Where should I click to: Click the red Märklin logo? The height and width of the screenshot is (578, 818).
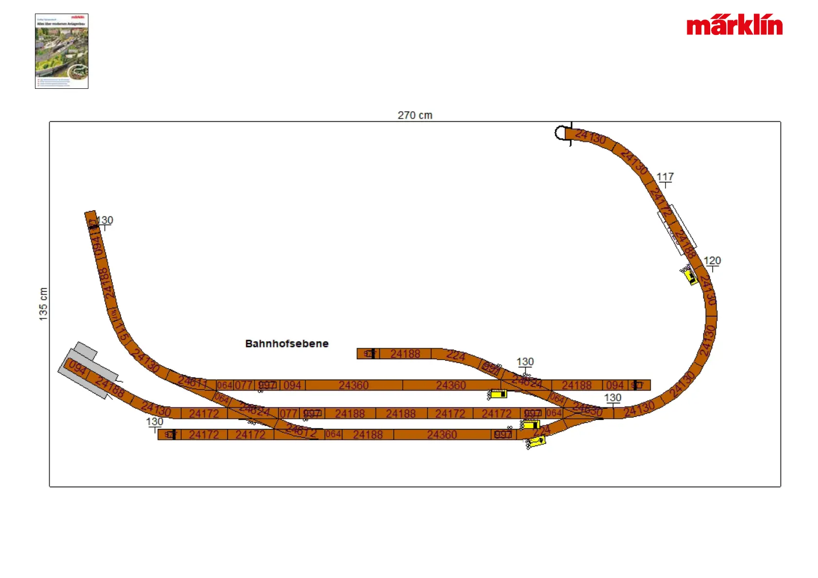click(734, 26)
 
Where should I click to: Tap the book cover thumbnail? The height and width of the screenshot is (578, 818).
click(62, 51)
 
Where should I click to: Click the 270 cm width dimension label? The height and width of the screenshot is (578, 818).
click(415, 116)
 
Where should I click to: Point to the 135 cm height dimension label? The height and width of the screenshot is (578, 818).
click(43, 304)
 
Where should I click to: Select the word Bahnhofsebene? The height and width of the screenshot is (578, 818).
click(287, 344)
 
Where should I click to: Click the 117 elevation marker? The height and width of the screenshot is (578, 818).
click(665, 177)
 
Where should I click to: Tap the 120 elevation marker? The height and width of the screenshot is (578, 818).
click(712, 261)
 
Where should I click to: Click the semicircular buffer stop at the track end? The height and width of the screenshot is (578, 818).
click(562, 133)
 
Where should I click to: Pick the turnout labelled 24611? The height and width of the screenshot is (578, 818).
click(192, 382)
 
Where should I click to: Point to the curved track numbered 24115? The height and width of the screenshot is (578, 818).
click(119, 329)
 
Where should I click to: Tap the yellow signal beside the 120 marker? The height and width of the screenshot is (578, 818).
click(690, 277)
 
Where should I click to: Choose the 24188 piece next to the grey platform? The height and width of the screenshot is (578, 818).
click(110, 387)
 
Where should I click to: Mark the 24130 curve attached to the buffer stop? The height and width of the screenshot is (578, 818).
click(590, 137)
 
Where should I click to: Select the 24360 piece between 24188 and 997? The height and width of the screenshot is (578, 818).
click(442, 434)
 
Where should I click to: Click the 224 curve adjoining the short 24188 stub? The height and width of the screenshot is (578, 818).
click(456, 356)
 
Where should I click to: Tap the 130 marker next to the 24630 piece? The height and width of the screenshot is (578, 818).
click(613, 398)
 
